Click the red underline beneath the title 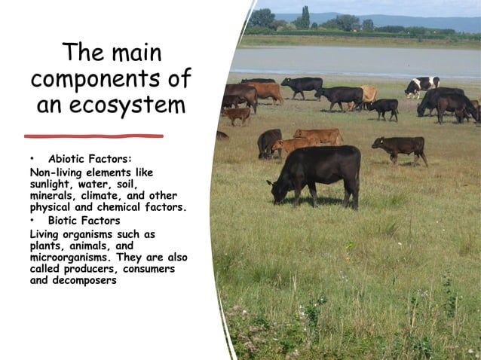coord(93,136)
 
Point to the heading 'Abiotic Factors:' coord(90,159)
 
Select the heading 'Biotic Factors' coord(84,221)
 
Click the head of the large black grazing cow coord(277,192)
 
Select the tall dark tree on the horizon coord(305,17)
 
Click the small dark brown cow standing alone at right coord(400,148)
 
